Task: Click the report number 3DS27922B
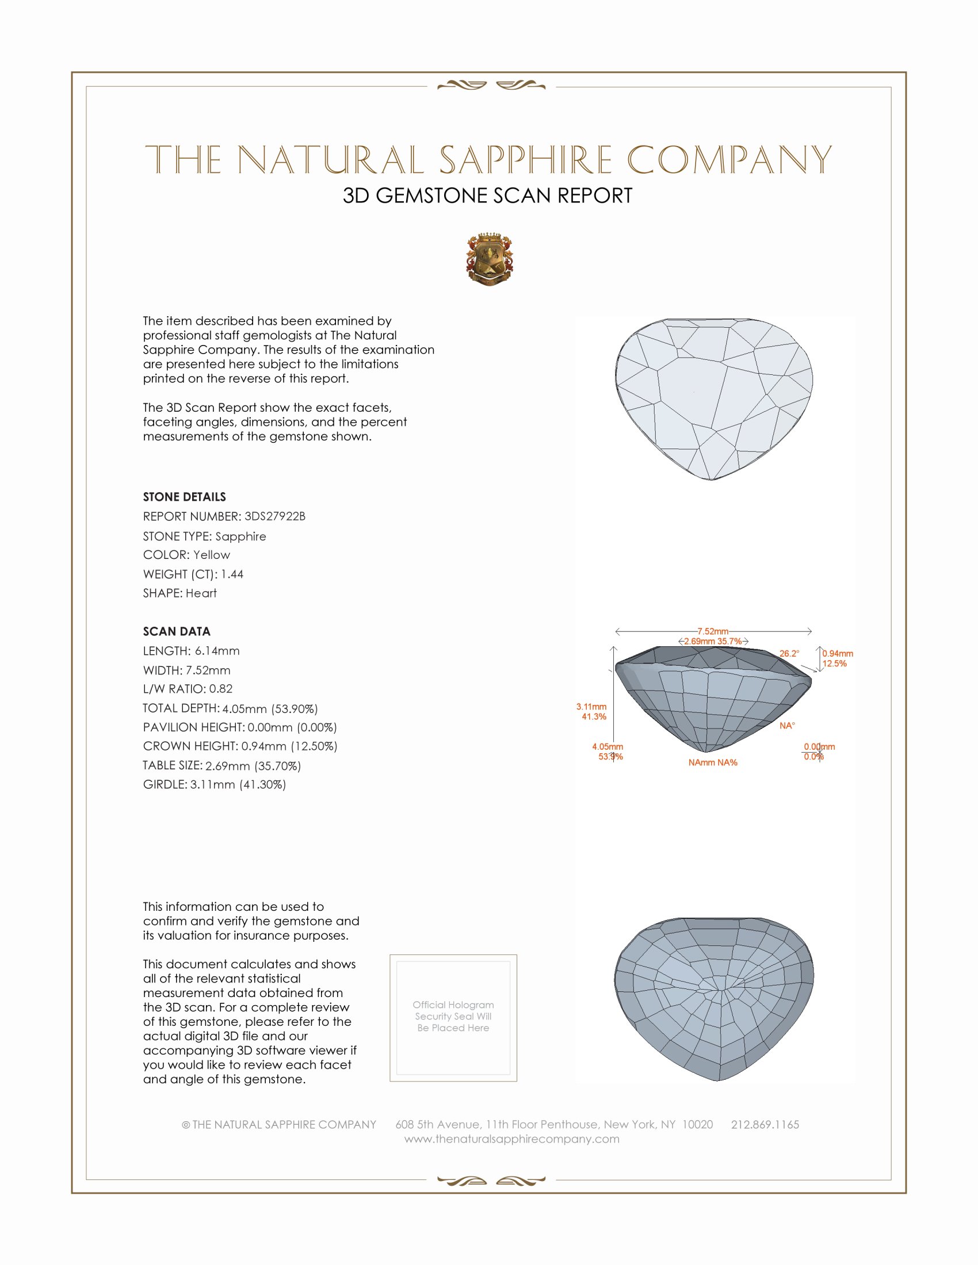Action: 274,516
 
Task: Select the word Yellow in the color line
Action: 212,555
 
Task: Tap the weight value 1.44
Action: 232,574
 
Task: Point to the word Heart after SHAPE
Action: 201,593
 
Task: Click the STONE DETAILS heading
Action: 184,497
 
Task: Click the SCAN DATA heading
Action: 177,631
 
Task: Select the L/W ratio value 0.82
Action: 221,689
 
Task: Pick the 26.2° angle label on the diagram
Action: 789,653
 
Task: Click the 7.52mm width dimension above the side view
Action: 713,631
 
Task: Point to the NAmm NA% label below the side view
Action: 713,762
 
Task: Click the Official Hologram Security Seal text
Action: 453,1016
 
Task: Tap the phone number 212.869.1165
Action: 765,1124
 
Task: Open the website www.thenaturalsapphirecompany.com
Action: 511,1138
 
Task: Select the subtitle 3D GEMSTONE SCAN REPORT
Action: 487,195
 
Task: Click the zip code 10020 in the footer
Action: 697,1124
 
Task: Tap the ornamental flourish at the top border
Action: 491,86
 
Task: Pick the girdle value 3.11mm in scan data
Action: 213,784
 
